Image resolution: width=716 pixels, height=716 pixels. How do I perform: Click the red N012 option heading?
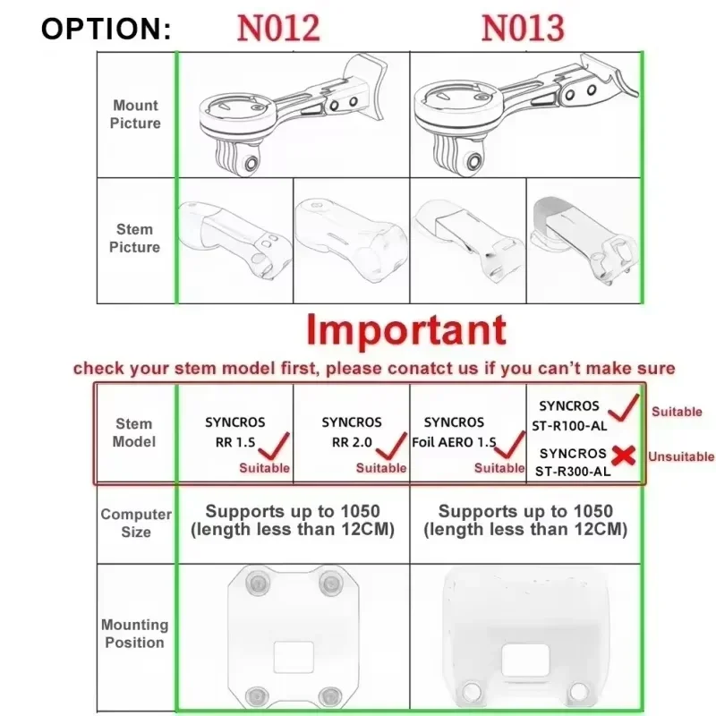pos(278,29)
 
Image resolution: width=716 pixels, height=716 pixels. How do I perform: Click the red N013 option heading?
pos(523,29)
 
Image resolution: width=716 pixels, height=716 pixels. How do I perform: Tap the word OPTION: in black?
pos(106,29)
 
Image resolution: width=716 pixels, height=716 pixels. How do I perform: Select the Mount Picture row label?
pos(135,115)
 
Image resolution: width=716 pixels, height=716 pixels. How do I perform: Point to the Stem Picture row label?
pos(135,238)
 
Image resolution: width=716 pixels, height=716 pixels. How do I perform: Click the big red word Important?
pos(406,329)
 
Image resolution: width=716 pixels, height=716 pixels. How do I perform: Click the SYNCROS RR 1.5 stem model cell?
pos(235,432)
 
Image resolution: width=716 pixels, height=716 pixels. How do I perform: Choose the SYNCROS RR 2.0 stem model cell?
pos(352,432)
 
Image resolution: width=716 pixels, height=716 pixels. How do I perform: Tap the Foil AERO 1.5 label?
pos(454,442)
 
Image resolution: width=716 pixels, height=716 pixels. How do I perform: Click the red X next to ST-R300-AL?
pos(624,456)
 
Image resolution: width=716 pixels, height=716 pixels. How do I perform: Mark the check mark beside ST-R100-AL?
pos(624,408)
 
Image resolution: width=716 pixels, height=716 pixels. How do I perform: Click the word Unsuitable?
pos(681,456)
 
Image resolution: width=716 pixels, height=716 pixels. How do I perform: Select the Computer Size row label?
pos(136,523)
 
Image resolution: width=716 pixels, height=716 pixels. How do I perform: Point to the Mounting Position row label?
pos(135,634)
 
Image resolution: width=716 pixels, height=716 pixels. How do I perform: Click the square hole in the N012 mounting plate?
pos(294,657)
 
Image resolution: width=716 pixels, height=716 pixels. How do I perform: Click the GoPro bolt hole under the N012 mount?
pos(251,163)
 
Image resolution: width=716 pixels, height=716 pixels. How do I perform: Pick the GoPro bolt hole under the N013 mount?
pos(474,161)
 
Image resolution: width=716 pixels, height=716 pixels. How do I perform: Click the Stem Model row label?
pos(133,432)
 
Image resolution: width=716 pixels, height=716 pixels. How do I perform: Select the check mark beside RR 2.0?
pos(391,446)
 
